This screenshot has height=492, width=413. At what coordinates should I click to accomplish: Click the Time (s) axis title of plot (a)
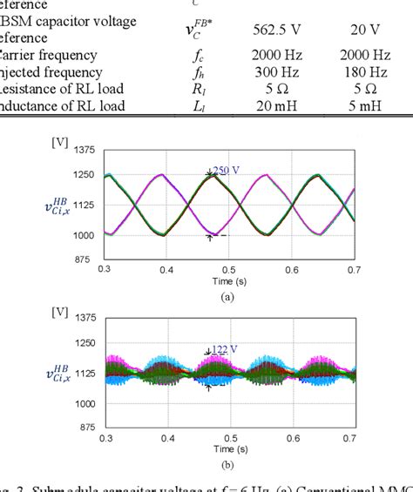229,282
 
